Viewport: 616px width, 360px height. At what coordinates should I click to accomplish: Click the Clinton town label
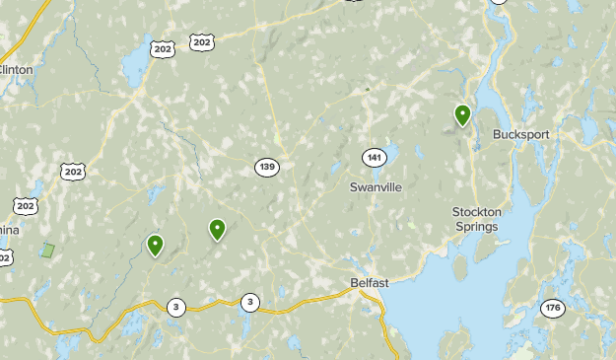pos(17,69)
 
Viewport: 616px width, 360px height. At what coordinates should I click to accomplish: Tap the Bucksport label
pos(520,134)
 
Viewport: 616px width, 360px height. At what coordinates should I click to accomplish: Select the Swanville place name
pos(376,186)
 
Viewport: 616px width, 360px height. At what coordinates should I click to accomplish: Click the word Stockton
pos(477,212)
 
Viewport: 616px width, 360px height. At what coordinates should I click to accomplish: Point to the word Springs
pos(477,226)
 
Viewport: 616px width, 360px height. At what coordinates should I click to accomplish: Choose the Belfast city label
pos(370,283)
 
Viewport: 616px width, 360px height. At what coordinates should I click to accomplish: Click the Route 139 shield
pos(266,167)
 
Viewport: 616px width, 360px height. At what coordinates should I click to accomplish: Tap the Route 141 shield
pos(373,158)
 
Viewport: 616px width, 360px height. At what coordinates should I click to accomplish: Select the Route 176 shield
pos(552,309)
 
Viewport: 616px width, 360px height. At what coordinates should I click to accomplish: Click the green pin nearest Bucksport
pos(462,115)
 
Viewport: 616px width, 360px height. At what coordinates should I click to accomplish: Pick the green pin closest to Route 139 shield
pos(217,229)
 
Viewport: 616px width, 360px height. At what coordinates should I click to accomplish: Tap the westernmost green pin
pos(155,245)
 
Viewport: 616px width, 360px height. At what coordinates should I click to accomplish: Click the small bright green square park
pos(47,251)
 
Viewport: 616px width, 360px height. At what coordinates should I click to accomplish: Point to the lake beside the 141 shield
pos(388,153)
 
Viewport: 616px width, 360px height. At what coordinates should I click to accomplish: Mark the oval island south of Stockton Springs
pos(459,267)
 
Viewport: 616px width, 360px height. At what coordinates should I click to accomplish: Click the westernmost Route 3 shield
pos(175,306)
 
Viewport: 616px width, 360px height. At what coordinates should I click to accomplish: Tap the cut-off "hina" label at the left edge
pos(8,229)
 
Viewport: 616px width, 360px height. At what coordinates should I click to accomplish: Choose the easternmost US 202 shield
pos(202,41)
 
